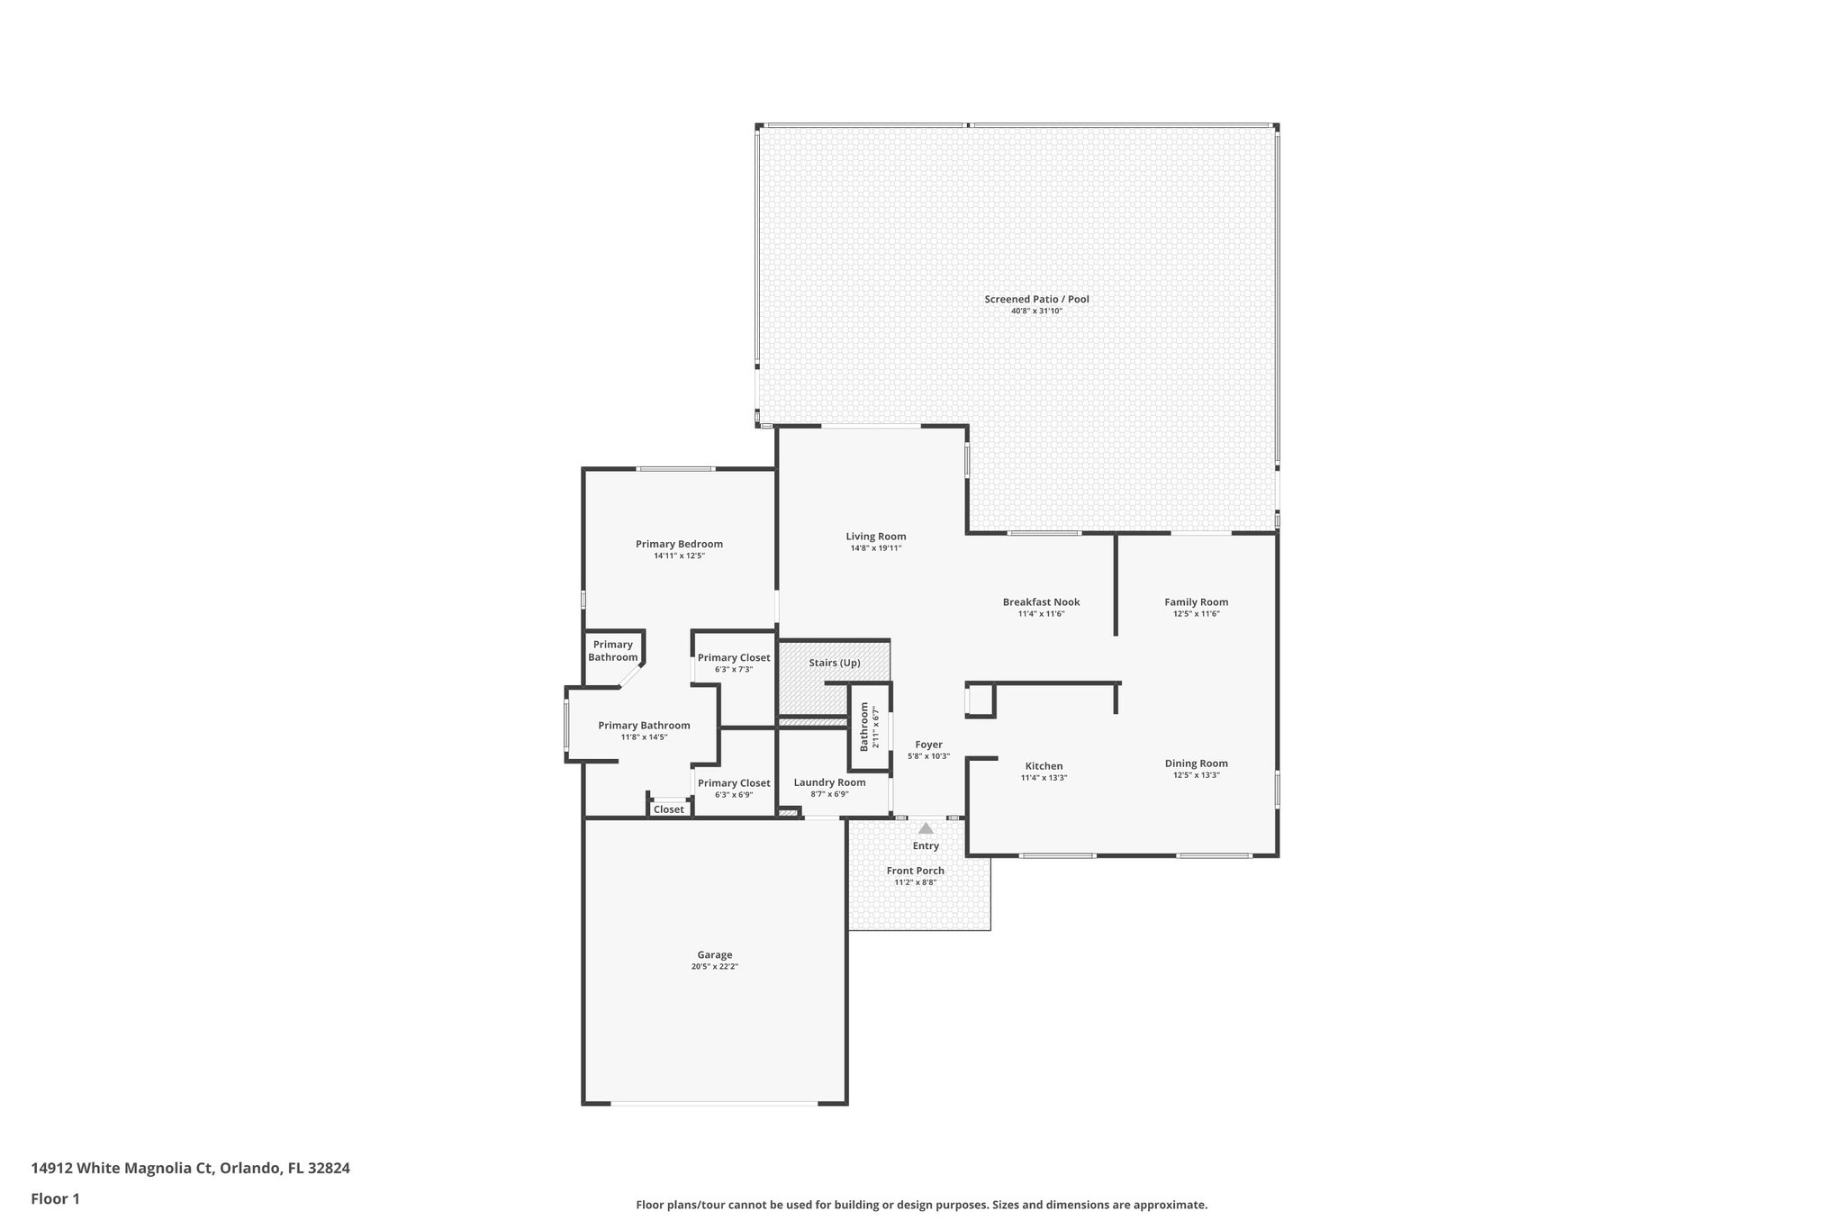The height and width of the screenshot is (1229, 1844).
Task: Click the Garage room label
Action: click(715, 954)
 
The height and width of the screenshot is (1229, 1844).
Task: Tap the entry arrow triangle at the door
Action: click(926, 828)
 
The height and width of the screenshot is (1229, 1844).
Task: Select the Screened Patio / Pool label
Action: click(1036, 299)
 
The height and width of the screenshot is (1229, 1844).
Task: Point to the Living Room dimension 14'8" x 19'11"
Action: click(875, 548)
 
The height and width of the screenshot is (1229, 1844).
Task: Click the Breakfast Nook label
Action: click(1041, 602)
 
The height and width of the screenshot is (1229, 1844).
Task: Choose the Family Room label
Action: click(1196, 602)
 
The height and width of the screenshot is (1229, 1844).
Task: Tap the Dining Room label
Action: click(1196, 764)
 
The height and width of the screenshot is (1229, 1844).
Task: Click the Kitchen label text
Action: click(1044, 766)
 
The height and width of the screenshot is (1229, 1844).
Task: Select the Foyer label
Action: click(928, 745)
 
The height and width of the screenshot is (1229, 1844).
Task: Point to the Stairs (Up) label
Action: click(834, 663)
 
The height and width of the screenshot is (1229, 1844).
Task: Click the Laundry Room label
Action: click(829, 782)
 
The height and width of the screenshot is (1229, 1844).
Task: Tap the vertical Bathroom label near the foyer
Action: click(864, 727)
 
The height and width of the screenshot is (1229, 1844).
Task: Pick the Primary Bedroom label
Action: click(679, 544)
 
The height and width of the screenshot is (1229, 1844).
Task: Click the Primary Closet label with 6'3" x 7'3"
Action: click(734, 657)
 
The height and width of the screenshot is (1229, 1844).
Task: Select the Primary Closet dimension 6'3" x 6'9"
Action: click(734, 795)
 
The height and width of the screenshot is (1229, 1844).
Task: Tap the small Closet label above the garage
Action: click(668, 809)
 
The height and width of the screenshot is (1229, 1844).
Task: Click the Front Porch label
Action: click(915, 871)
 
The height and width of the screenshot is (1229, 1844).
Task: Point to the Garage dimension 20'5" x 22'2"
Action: click(715, 967)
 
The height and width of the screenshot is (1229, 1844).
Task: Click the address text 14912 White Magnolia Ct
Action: click(122, 1169)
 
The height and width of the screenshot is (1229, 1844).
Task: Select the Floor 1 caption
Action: click(55, 1198)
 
